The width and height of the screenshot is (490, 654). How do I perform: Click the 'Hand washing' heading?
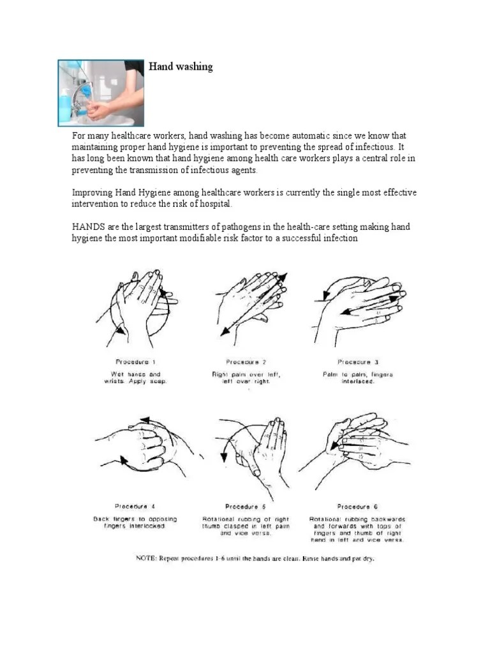click(181, 66)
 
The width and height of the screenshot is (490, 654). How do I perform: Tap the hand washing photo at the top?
click(101, 93)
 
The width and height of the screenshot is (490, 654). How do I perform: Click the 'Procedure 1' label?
click(135, 362)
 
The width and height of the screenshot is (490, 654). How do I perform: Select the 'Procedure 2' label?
click(246, 362)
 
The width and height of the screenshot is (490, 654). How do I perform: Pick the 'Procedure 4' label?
click(135, 506)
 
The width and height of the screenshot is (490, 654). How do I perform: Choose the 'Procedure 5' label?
click(246, 506)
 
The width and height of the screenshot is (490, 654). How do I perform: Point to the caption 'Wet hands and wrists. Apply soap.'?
click(135, 377)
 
